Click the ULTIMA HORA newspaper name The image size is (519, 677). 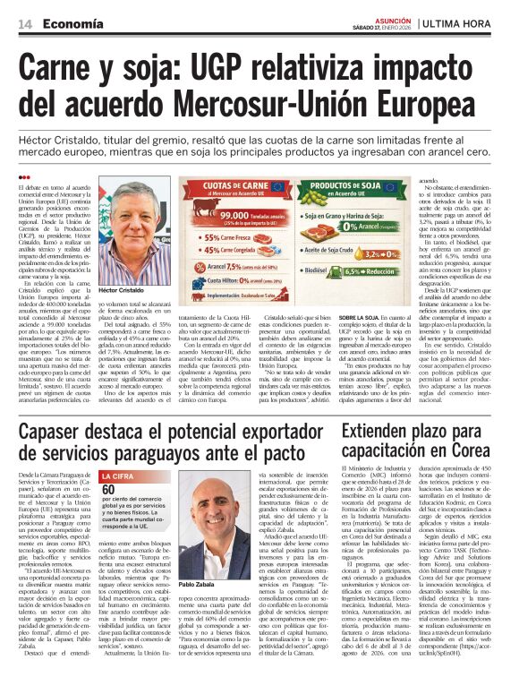pos(461,23)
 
